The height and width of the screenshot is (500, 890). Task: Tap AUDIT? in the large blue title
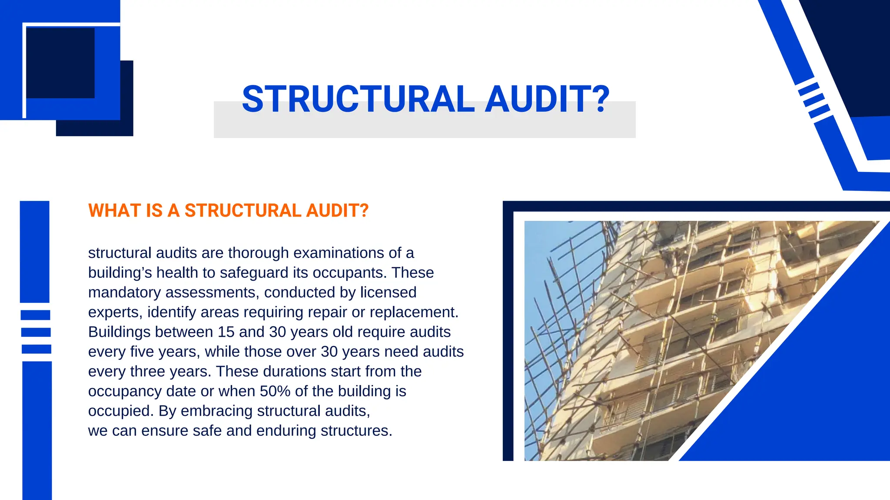click(547, 99)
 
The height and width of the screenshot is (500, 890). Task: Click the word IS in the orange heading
click(154, 211)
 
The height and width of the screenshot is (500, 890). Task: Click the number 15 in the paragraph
click(226, 332)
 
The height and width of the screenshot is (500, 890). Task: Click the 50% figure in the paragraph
click(275, 391)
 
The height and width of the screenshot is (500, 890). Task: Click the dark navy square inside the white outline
click(60, 63)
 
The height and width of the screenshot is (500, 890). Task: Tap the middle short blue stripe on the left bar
click(36, 332)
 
